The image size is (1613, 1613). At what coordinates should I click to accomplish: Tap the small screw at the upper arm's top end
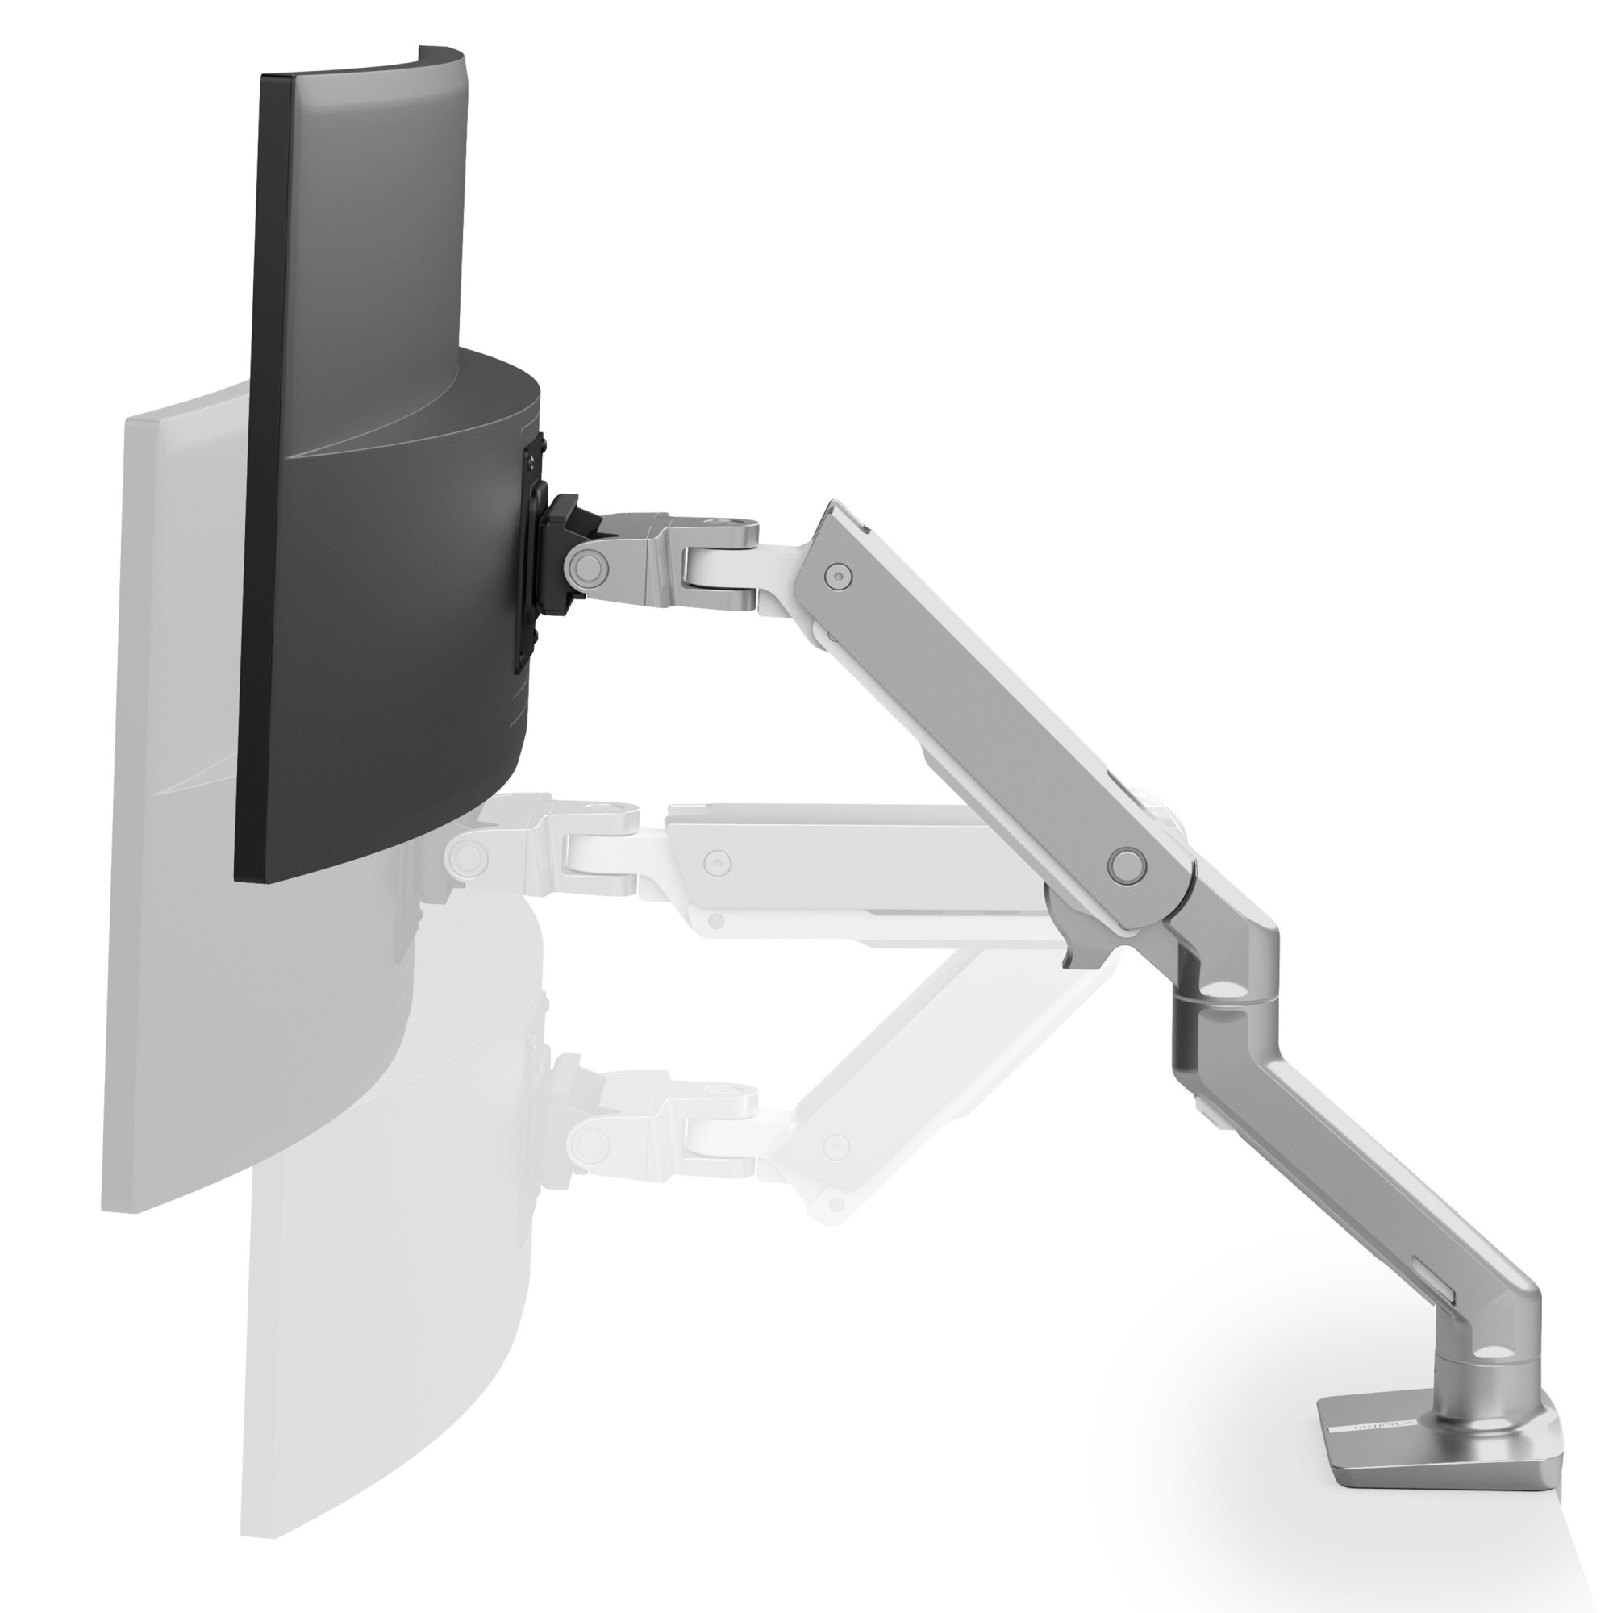pyautogui.click(x=836, y=574)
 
